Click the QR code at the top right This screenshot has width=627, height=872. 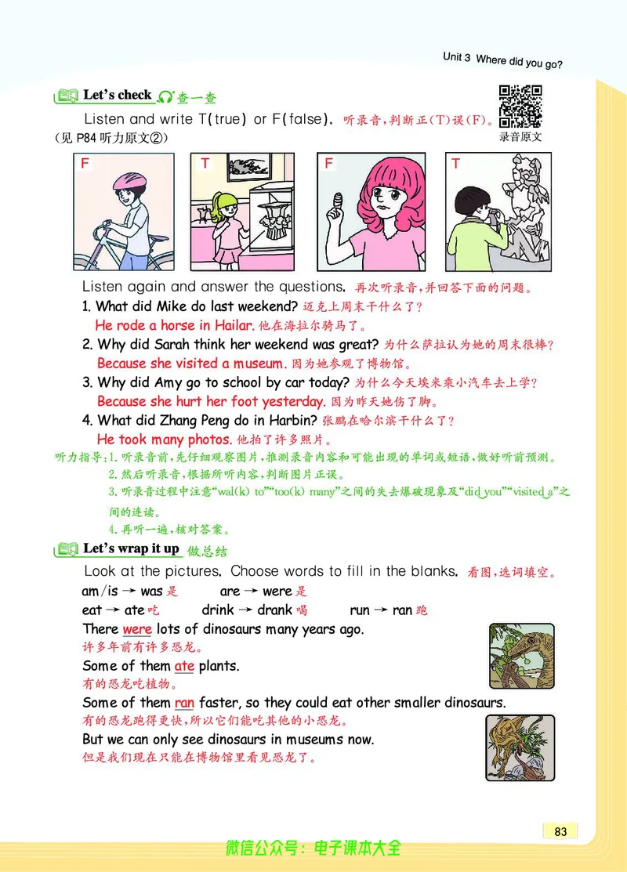pyautogui.click(x=520, y=106)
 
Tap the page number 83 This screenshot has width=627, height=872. pyautogui.click(x=560, y=831)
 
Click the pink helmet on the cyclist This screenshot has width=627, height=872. pyautogui.click(x=126, y=181)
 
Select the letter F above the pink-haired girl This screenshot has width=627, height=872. pyautogui.click(x=329, y=164)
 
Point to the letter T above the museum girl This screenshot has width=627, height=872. pyautogui.click(x=205, y=164)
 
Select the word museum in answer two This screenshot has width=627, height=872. pyautogui.click(x=258, y=364)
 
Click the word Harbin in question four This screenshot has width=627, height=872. pyautogui.click(x=297, y=421)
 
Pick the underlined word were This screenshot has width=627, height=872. pyautogui.click(x=137, y=629)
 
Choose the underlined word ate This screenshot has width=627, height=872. pyautogui.click(x=184, y=666)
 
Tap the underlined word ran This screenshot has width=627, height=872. pyautogui.click(x=184, y=703)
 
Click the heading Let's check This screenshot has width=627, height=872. pyautogui.click(x=117, y=96)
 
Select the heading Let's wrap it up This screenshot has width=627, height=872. pyautogui.click(x=131, y=548)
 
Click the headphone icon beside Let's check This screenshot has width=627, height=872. pyautogui.click(x=165, y=97)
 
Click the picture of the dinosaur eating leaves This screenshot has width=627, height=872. pyautogui.click(x=520, y=656)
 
